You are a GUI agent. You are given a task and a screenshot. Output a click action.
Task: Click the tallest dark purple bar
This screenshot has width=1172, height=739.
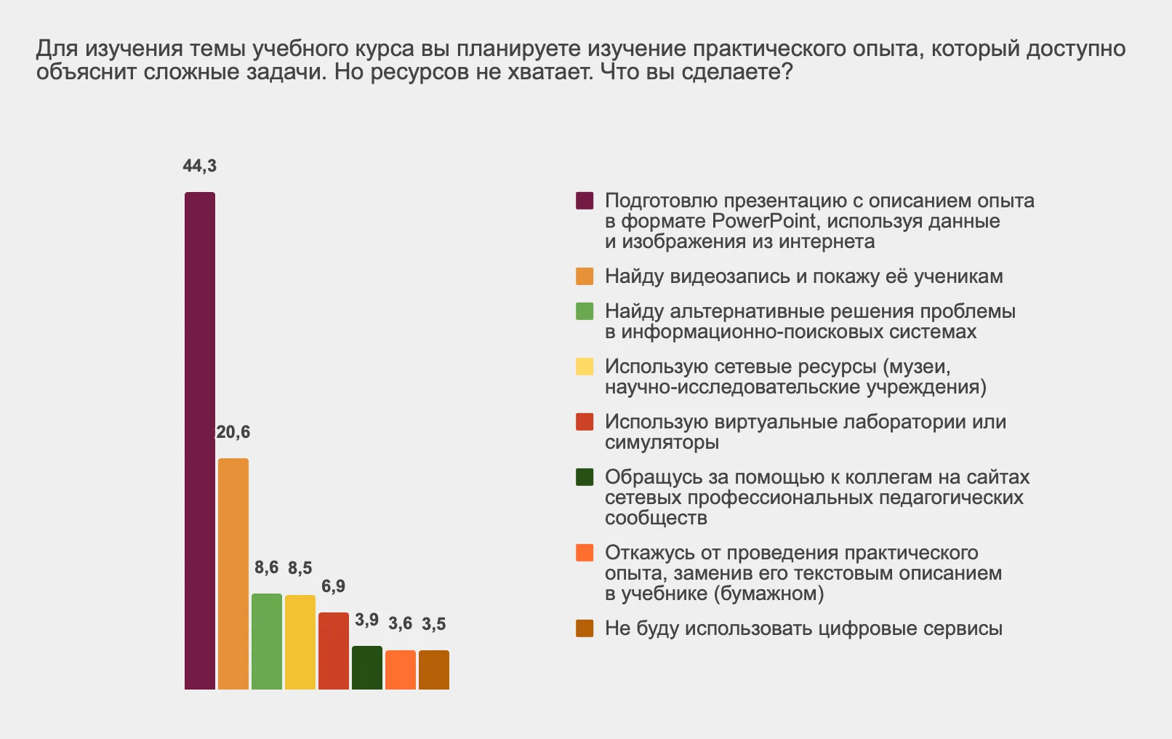[200, 440]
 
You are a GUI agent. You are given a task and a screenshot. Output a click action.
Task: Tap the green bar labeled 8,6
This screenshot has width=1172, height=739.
[267, 641]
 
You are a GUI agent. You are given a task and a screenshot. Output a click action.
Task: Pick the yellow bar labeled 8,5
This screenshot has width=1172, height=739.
[300, 642]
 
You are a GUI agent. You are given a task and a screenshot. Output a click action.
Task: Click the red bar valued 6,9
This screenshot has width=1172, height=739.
[334, 650]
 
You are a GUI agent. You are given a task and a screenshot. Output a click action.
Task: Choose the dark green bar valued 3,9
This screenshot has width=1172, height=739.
[367, 667]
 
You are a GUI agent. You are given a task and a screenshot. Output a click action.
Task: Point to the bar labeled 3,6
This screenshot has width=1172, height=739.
[401, 669]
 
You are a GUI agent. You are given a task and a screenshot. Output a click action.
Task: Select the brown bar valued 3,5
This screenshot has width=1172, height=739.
[434, 669]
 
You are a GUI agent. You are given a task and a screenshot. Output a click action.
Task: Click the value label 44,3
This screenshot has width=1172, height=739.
[199, 166]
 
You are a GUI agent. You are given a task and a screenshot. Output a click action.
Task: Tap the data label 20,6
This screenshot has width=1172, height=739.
[233, 432]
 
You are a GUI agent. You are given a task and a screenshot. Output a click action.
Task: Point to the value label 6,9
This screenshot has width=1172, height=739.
[334, 586]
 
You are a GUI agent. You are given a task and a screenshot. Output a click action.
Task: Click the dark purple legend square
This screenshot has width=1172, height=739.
[585, 201]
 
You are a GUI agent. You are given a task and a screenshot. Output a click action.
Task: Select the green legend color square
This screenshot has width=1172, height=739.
[585, 311]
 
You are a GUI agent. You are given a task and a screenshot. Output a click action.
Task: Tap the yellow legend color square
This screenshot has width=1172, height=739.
[585, 367]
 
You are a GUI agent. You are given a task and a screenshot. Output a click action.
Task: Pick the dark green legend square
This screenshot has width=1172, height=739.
[585, 477]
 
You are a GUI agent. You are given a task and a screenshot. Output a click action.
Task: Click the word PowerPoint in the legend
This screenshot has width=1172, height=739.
[766, 221]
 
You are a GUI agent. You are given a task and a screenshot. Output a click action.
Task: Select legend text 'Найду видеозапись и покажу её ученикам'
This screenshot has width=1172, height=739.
[803, 276]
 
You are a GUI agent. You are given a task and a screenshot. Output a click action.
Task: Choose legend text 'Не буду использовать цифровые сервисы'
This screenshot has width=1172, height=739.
[803, 628]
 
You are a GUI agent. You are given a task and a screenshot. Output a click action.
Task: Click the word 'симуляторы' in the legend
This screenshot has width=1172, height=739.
[662, 442]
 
